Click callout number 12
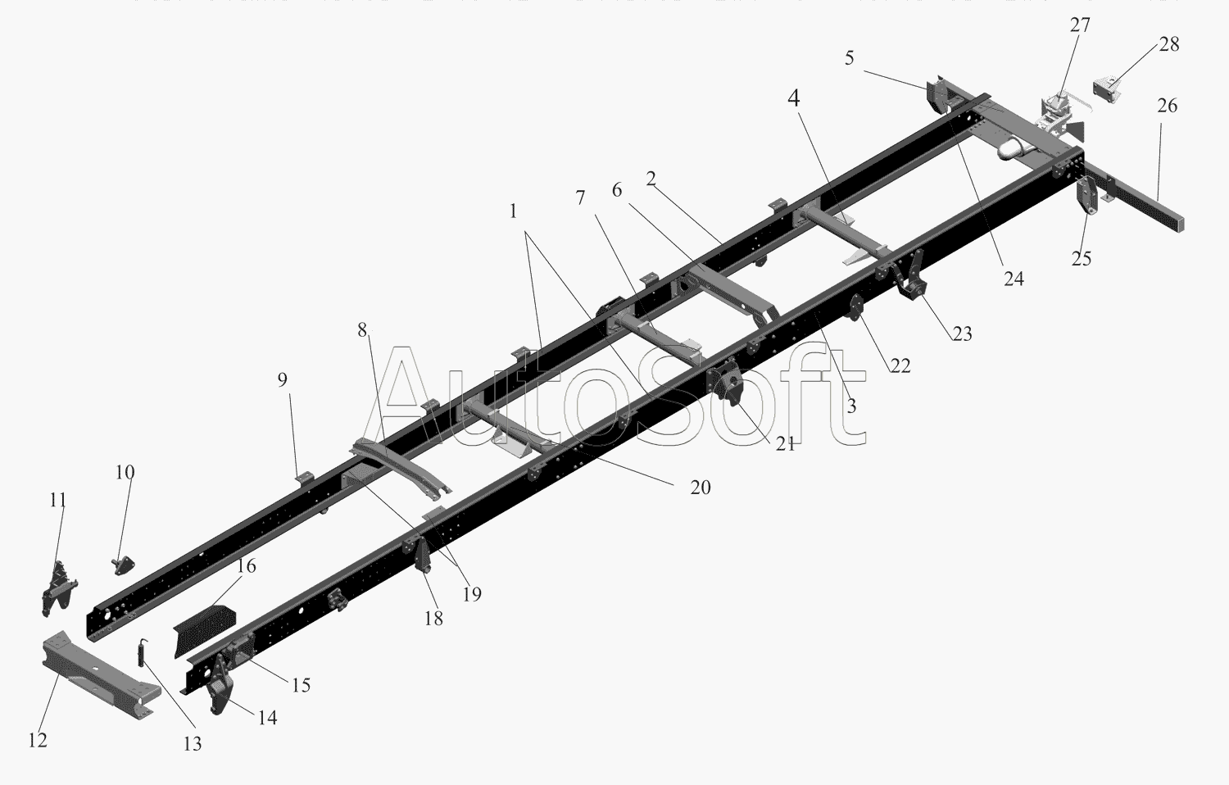[38, 740]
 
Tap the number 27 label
[1080, 25]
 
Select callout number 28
[1169, 44]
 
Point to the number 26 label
[1168, 106]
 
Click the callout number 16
[247, 566]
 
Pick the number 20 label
[700, 488]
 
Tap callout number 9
[283, 379]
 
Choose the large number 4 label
[793, 98]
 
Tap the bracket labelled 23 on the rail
[910, 276]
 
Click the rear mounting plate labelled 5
[936, 96]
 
